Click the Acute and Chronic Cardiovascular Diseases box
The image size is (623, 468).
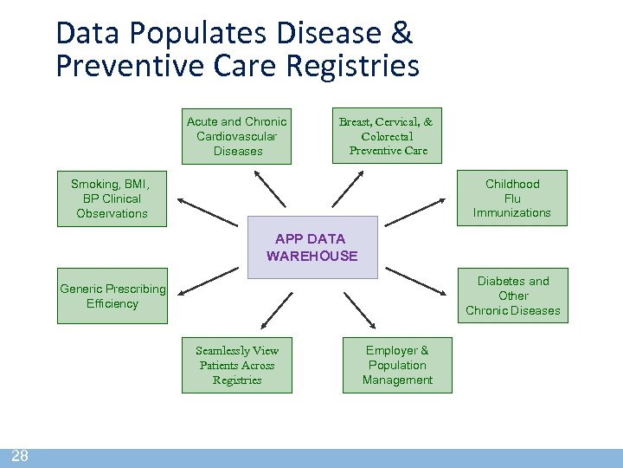coord(236,136)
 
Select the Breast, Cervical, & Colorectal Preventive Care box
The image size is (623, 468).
coord(387,136)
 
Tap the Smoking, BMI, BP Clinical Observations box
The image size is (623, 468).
coord(112,198)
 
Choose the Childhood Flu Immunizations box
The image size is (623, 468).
coord(511,198)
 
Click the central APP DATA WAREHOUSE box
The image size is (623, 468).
coord(312,247)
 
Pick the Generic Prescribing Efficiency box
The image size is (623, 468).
coord(112,296)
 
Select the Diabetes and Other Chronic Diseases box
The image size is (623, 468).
coord(512,296)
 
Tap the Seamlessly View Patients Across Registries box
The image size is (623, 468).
coord(236,365)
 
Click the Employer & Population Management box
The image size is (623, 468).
coord(397,365)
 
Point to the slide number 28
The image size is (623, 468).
coord(19,457)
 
